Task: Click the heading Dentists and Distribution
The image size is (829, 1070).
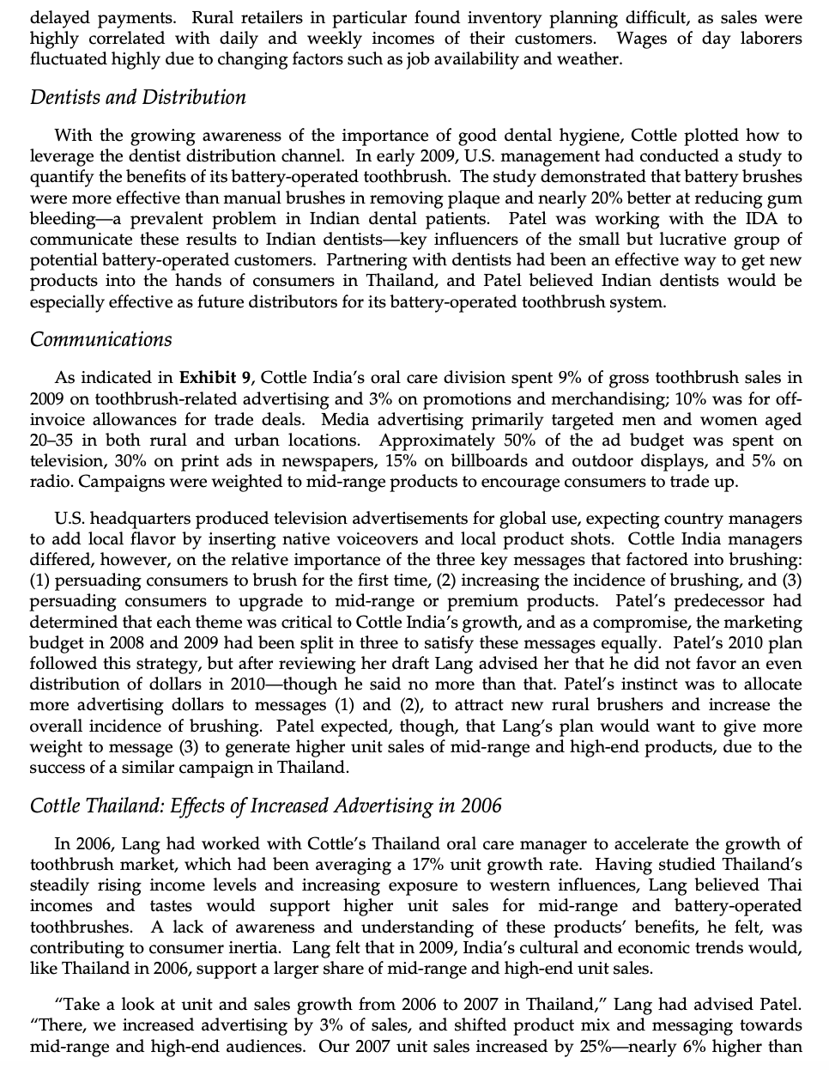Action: click(137, 97)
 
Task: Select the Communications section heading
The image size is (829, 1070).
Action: click(100, 339)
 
